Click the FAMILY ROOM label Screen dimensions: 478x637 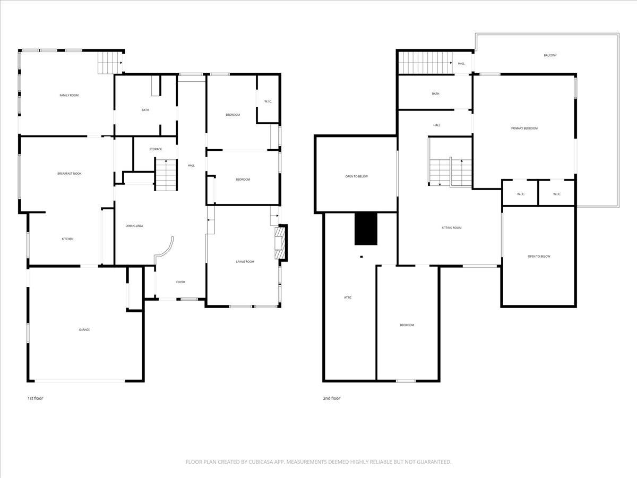[x=69, y=95]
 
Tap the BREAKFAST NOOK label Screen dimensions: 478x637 [x=69, y=174]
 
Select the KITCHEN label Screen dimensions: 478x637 [x=67, y=239]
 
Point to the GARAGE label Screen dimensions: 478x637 [x=84, y=330]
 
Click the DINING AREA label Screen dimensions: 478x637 [x=134, y=226]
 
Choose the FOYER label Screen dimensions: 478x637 [x=180, y=282]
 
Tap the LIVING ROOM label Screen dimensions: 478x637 [x=245, y=261]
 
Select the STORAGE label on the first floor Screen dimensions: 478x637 [x=156, y=149]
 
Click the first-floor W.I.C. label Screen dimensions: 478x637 [x=268, y=101]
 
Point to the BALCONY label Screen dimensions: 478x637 [x=550, y=55]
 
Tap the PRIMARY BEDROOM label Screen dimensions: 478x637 [x=524, y=128]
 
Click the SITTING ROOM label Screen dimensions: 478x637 [x=452, y=227]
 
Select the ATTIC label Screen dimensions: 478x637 [x=348, y=297]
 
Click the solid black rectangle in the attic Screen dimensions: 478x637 [x=366, y=228]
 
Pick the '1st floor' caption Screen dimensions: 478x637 [x=35, y=398]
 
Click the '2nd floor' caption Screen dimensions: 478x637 [x=331, y=398]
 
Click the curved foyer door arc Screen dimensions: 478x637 [x=168, y=248]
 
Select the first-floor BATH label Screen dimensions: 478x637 [x=145, y=110]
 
